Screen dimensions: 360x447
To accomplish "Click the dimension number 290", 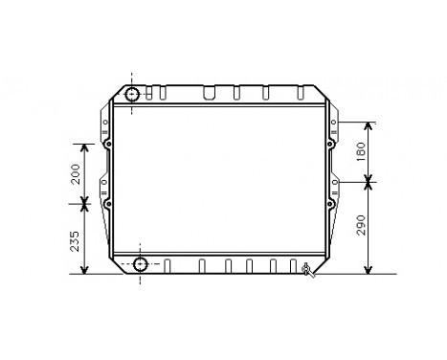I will pyautogui.click(x=361, y=225).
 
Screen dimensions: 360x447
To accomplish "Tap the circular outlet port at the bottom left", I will pyautogui.click(x=141, y=264).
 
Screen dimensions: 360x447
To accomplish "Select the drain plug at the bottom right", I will pyautogui.click(x=306, y=269).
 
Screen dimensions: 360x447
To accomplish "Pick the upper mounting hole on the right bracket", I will pyautogui.click(x=330, y=146).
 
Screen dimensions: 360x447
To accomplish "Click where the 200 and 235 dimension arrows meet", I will pyautogui.click(x=85, y=202).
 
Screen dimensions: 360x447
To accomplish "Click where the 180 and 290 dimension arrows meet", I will pyautogui.click(x=369, y=180).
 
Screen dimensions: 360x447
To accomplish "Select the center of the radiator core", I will pyautogui.click(x=220, y=179).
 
